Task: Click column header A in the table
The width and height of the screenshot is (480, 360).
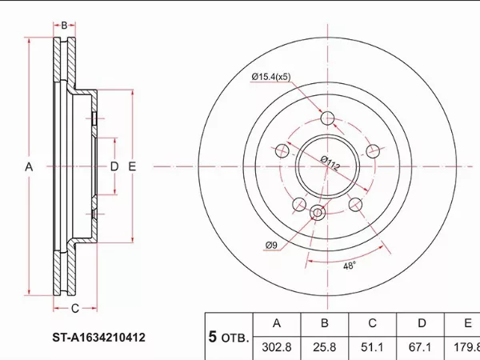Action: [278, 323]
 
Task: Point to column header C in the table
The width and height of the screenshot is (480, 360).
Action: [372, 323]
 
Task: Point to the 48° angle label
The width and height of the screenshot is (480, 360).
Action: [349, 266]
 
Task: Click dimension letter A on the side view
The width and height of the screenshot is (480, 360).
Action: [29, 166]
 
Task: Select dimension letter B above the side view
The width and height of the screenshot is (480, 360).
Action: [64, 26]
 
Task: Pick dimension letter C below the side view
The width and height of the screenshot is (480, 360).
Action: [74, 308]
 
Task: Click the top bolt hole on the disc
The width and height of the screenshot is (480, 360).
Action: [326, 119]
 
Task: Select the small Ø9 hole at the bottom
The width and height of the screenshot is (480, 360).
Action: [316, 213]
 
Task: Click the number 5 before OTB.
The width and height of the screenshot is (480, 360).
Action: [213, 338]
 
